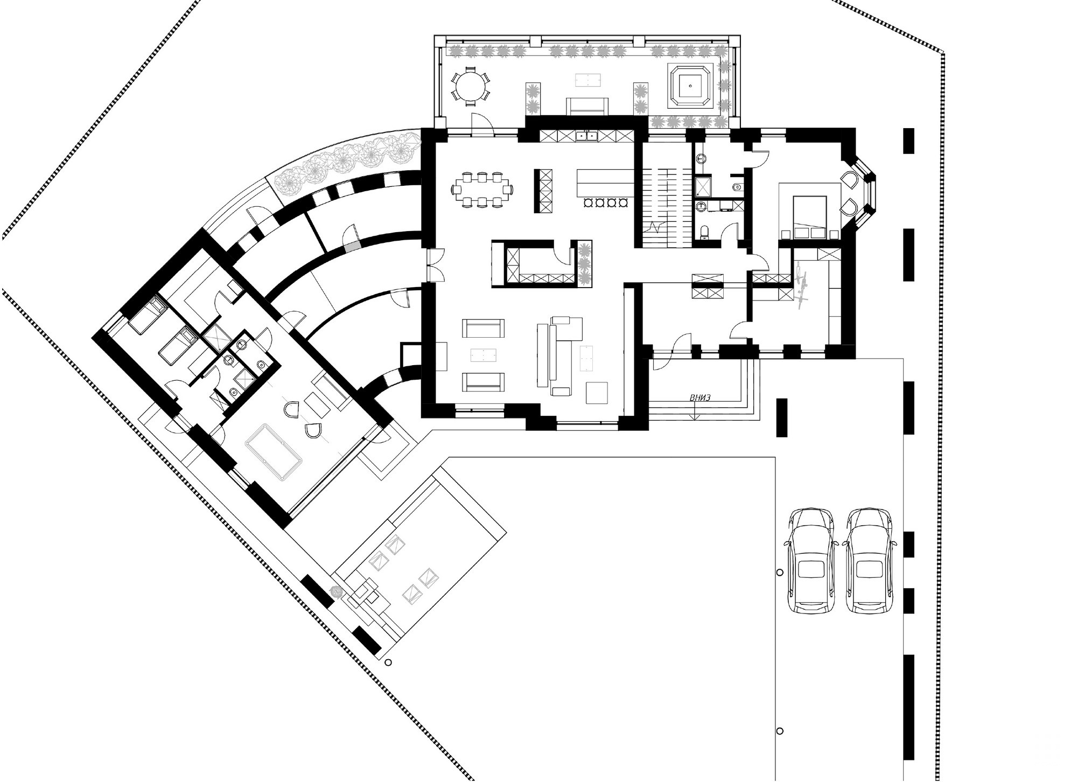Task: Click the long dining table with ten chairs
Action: [482, 189]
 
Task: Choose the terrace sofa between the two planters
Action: [586, 106]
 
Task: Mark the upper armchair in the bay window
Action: [850, 181]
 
